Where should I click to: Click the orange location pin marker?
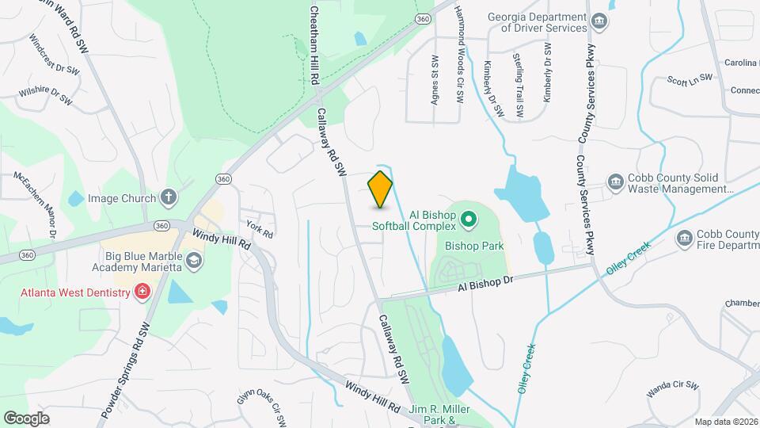[381, 189]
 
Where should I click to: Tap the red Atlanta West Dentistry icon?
[142, 292]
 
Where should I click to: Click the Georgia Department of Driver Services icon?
[599, 21]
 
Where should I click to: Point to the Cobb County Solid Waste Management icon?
[615, 183]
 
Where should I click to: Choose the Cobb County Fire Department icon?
[684, 238]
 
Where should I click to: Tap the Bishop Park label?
[475, 246]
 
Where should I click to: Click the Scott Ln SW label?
[690, 78]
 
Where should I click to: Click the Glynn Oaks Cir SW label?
[260, 406]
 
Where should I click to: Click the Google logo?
[26, 418]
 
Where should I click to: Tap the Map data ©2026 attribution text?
[725, 422]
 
